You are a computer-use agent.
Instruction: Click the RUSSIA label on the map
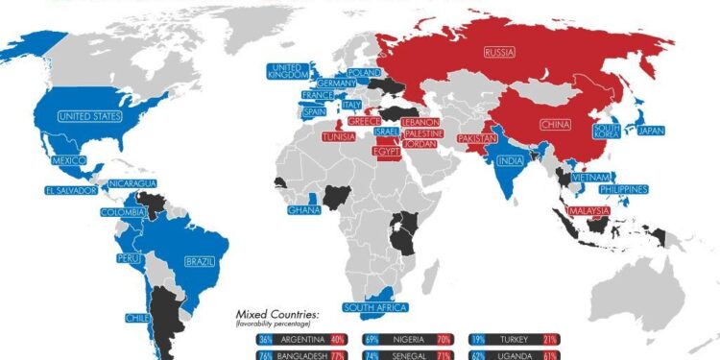(x=499, y=52)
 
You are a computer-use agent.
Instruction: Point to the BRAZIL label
(x=200, y=260)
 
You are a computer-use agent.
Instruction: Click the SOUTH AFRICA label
(x=376, y=307)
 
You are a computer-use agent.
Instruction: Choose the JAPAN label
(x=651, y=132)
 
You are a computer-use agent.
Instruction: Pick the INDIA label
(x=511, y=160)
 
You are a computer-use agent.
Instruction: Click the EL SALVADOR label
(x=70, y=190)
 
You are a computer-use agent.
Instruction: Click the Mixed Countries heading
(x=277, y=314)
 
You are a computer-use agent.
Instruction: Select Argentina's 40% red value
(x=336, y=339)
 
